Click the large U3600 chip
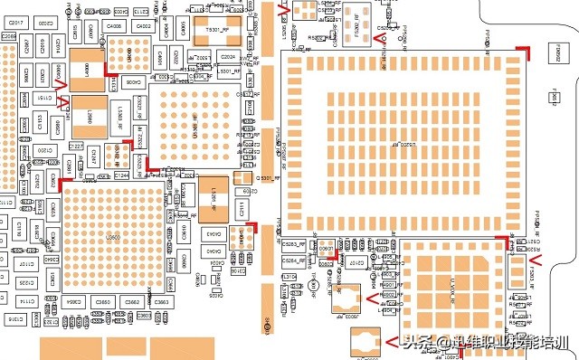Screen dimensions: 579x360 click(x=114, y=237)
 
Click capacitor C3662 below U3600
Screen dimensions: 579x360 click(x=132, y=302)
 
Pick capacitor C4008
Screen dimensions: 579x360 click(x=115, y=26)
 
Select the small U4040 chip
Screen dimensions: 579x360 click(x=115, y=150)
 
